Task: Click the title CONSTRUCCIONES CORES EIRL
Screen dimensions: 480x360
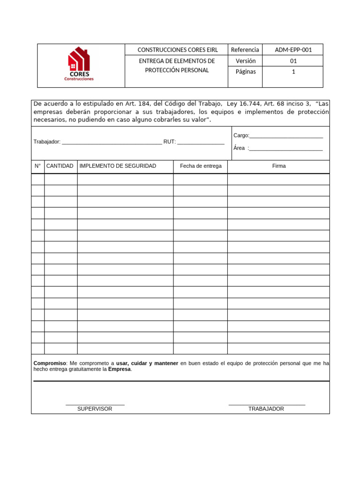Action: point(177,50)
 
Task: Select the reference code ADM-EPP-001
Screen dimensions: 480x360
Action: point(293,50)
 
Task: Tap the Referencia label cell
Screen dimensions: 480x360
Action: point(245,50)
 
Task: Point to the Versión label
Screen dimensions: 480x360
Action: point(246,61)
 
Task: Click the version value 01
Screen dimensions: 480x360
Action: point(293,61)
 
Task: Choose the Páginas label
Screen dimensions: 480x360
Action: point(246,72)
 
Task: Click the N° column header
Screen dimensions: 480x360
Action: point(38,166)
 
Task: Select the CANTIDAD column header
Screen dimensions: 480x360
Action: point(60,166)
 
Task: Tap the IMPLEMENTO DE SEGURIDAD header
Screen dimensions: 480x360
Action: point(118,166)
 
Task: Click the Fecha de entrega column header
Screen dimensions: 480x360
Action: point(201,166)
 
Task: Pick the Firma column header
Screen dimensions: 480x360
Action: point(279,166)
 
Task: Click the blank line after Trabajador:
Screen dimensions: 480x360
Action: point(112,142)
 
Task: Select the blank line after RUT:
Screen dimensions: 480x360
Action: point(201,142)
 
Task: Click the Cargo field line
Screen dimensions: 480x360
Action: point(286,136)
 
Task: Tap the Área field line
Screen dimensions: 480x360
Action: point(286,149)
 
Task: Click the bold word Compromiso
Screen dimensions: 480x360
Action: point(50,363)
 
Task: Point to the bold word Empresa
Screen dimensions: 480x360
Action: point(120,369)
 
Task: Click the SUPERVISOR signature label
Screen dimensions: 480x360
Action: point(95,409)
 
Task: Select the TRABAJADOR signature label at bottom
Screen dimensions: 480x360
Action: point(266,409)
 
